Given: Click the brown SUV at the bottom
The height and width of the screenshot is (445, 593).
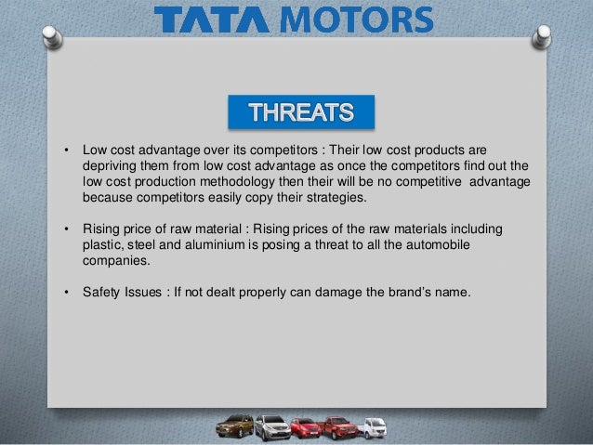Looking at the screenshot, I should [x=234, y=425].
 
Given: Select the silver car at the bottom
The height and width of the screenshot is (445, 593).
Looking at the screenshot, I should [x=270, y=426].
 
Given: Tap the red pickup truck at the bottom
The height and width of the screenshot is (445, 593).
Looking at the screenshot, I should [x=337, y=426].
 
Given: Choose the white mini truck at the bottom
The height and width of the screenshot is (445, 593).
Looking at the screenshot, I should [x=373, y=425].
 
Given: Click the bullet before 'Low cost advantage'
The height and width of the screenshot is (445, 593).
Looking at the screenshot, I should [x=65, y=150].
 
